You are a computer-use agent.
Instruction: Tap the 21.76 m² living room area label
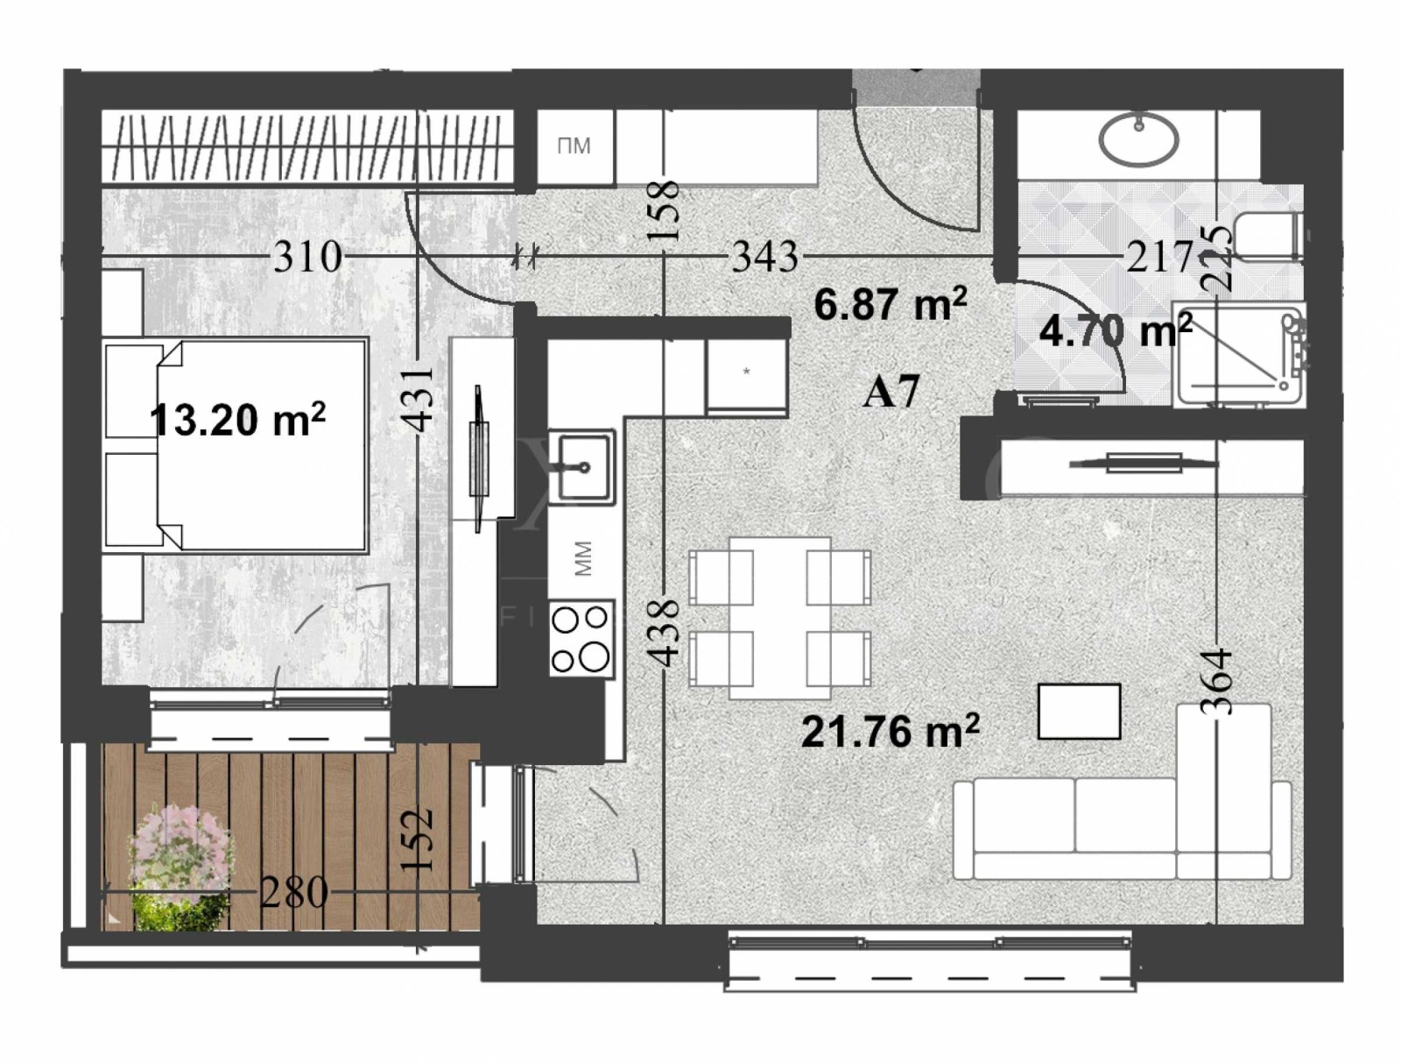(890, 731)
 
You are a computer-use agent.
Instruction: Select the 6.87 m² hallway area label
(890, 305)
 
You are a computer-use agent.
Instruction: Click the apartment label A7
(891, 391)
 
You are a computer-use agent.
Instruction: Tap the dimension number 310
(307, 257)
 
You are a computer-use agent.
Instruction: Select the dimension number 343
(764, 257)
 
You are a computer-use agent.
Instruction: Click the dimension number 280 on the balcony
(294, 893)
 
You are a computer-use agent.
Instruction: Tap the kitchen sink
(581, 466)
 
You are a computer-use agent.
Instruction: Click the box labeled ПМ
(574, 146)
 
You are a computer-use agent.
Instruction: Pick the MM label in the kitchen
(583, 558)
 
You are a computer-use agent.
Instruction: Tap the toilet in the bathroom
(1265, 234)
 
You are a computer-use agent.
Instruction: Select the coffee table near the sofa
(1079, 712)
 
